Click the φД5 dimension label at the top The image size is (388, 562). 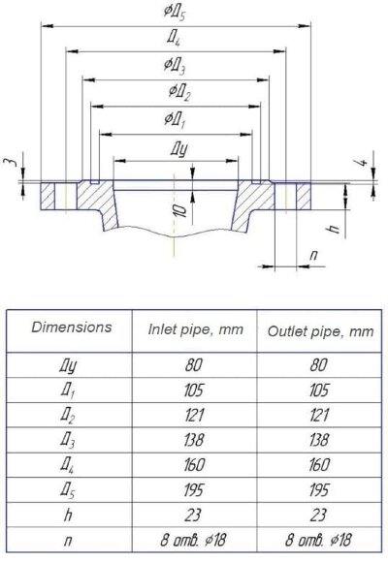pyautogui.click(x=175, y=13)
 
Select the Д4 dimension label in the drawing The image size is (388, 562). pyautogui.click(x=174, y=37)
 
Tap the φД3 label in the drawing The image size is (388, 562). pyautogui.click(x=175, y=66)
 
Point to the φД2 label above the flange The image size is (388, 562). pyautogui.click(x=179, y=92)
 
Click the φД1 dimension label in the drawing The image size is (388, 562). pyautogui.click(x=175, y=119)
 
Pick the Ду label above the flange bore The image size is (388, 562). pyautogui.click(x=178, y=149)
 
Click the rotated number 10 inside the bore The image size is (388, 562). pyautogui.click(x=182, y=211)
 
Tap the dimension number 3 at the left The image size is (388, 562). pyautogui.click(x=11, y=162)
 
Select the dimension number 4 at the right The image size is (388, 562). pyautogui.click(x=363, y=162)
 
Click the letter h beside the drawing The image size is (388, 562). pyautogui.click(x=335, y=229)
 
